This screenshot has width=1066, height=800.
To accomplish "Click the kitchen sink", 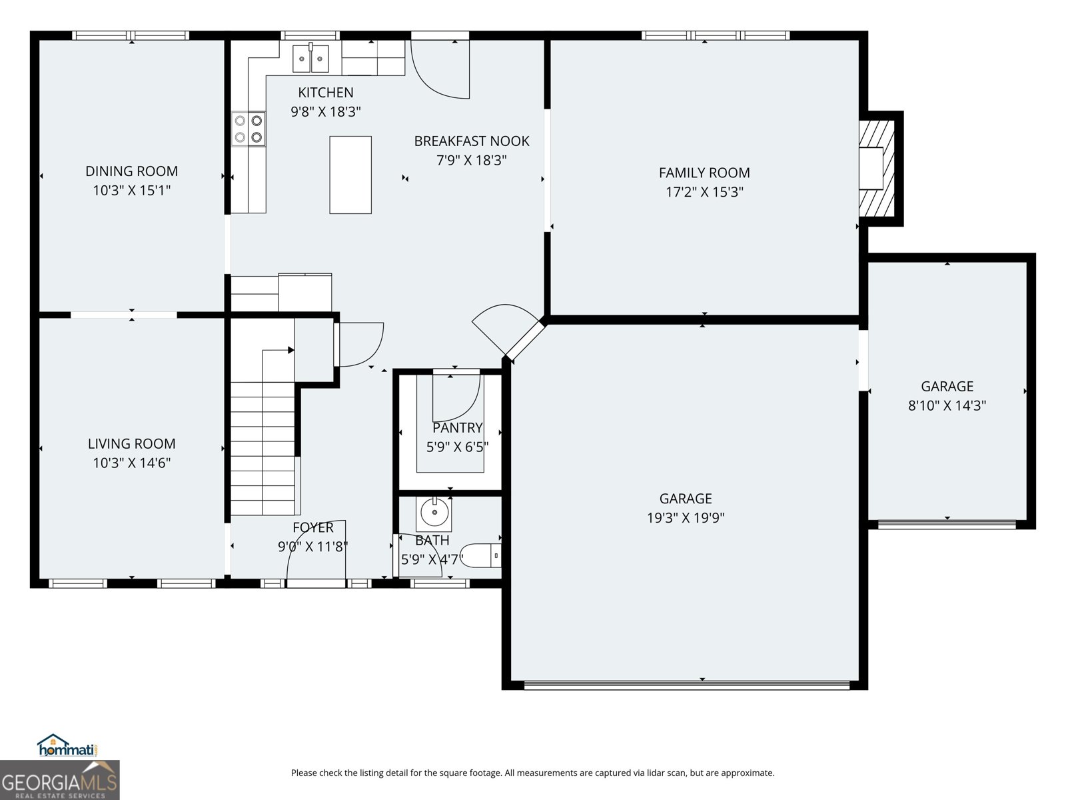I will (x=311, y=58).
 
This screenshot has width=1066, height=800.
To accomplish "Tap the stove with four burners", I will (x=249, y=129).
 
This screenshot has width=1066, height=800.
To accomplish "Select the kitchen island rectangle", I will (x=350, y=175).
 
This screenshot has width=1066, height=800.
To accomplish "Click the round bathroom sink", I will (x=434, y=513).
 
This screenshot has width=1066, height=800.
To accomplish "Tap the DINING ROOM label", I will (x=131, y=171).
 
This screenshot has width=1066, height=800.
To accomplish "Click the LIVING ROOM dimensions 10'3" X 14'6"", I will (x=131, y=463).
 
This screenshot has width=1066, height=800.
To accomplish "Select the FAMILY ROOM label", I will (x=704, y=173).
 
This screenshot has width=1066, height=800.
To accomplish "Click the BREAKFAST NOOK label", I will (x=472, y=141).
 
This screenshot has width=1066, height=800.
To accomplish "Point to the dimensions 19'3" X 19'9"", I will (x=686, y=517).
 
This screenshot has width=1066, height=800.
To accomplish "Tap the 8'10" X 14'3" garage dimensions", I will (x=947, y=405).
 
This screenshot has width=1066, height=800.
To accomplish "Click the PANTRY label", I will (x=457, y=428).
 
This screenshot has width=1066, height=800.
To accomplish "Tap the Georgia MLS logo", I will (x=60, y=780).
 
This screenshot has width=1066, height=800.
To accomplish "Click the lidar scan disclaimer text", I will (x=532, y=773).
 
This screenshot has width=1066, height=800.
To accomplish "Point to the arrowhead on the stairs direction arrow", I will (x=291, y=350).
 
